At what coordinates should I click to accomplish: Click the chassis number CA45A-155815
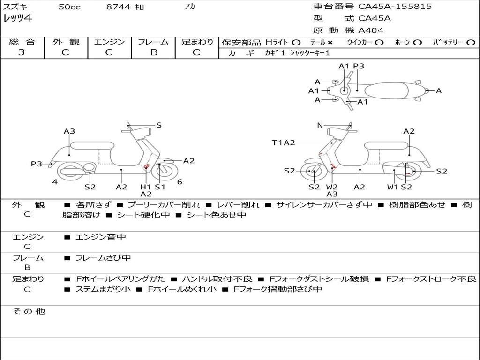point(395,7)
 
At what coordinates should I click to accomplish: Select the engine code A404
point(371,30)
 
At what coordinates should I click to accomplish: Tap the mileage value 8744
point(118,7)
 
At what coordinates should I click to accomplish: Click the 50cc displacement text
point(69,7)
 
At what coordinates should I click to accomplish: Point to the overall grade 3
point(22,52)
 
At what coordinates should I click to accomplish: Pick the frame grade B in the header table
point(154,52)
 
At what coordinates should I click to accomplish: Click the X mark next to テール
point(330,43)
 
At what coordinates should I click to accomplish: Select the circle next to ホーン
point(417,43)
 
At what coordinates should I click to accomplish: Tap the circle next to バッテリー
point(471,43)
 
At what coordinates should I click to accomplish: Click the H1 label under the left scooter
point(145,187)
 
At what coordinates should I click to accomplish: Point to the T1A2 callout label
point(284,142)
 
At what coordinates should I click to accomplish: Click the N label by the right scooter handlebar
point(320,125)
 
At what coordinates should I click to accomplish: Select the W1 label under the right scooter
point(392,187)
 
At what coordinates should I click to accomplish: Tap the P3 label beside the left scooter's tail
point(37,164)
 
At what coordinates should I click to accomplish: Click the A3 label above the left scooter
point(69,131)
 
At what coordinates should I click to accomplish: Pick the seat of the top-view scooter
point(387,90)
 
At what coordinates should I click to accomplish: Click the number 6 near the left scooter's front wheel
point(180,182)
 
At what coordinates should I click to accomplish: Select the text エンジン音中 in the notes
point(100,237)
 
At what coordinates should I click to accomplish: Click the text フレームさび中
point(103,258)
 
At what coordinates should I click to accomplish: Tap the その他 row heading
point(29,311)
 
